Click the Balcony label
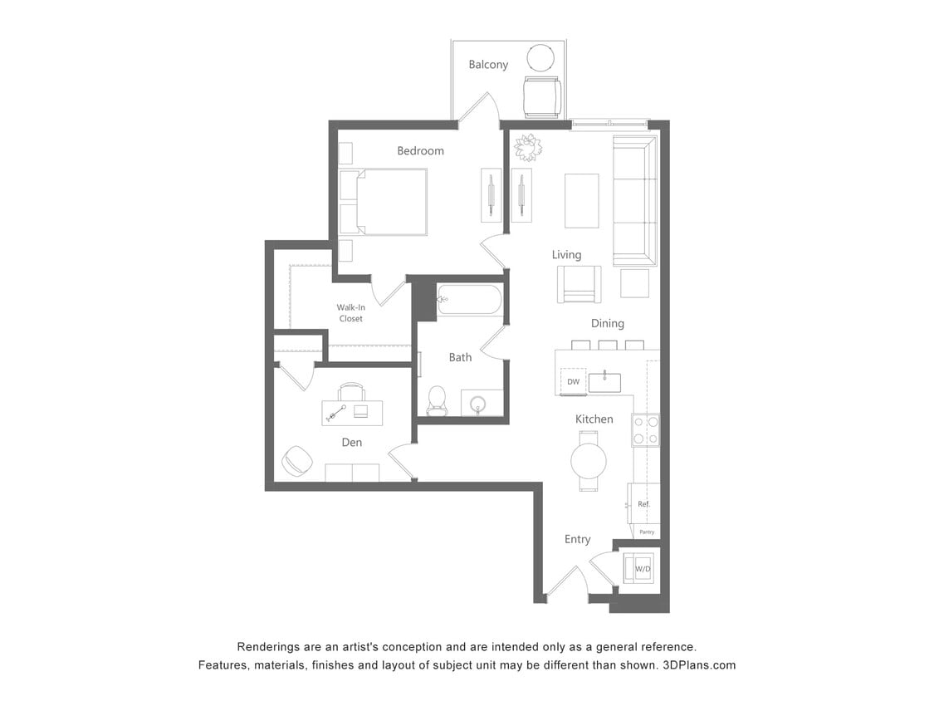(487, 64)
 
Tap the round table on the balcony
(541, 58)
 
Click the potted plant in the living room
(527, 148)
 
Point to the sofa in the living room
(634, 201)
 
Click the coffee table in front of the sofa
(581, 200)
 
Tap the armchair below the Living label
(579, 284)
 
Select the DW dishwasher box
(573, 382)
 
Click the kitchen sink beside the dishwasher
(604, 382)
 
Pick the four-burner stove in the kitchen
(645, 429)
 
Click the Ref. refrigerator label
(643, 504)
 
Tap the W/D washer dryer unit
(642, 569)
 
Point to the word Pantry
(647, 532)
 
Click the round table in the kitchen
(588, 460)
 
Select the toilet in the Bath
(437, 400)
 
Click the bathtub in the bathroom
(469, 300)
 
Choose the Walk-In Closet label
(350, 312)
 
